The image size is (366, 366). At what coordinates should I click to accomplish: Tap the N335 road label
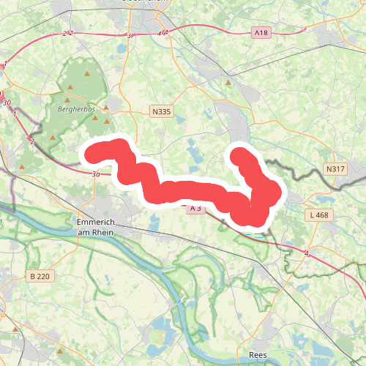click(x=161, y=111)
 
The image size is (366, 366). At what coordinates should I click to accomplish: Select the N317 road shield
click(x=335, y=169)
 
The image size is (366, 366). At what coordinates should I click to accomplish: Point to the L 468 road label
click(x=321, y=215)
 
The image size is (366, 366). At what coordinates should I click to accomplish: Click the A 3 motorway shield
click(x=195, y=209)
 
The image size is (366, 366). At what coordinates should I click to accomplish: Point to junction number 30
click(x=7, y=102)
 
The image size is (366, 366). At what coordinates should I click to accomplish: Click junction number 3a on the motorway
click(x=96, y=174)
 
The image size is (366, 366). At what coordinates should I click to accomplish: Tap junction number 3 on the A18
click(x=130, y=35)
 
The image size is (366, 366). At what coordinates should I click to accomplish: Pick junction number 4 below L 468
click(x=307, y=253)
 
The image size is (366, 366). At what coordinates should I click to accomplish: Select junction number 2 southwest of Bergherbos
click(x=32, y=141)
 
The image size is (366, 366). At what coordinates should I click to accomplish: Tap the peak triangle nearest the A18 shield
click(x=228, y=83)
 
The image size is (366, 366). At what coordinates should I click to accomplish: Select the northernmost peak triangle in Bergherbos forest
click(x=88, y=74)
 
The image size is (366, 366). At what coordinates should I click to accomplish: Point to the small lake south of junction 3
click(x=120, y=49)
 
